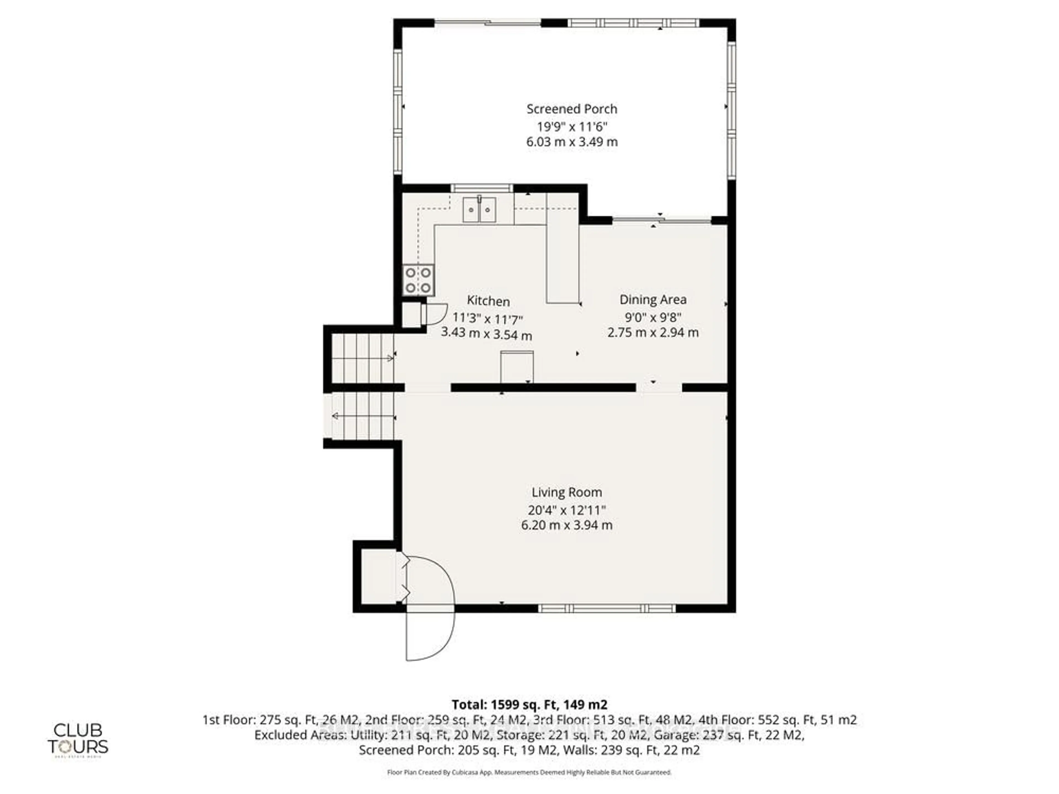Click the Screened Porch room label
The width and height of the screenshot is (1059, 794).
tap(572, 109)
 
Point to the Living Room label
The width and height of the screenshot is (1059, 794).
tap(566, 492)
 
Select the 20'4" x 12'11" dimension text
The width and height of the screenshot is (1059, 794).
tap(566, 510)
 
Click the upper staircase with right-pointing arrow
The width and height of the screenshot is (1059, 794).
tap(362, 358)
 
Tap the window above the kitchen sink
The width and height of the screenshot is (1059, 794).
tap(482, 188)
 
